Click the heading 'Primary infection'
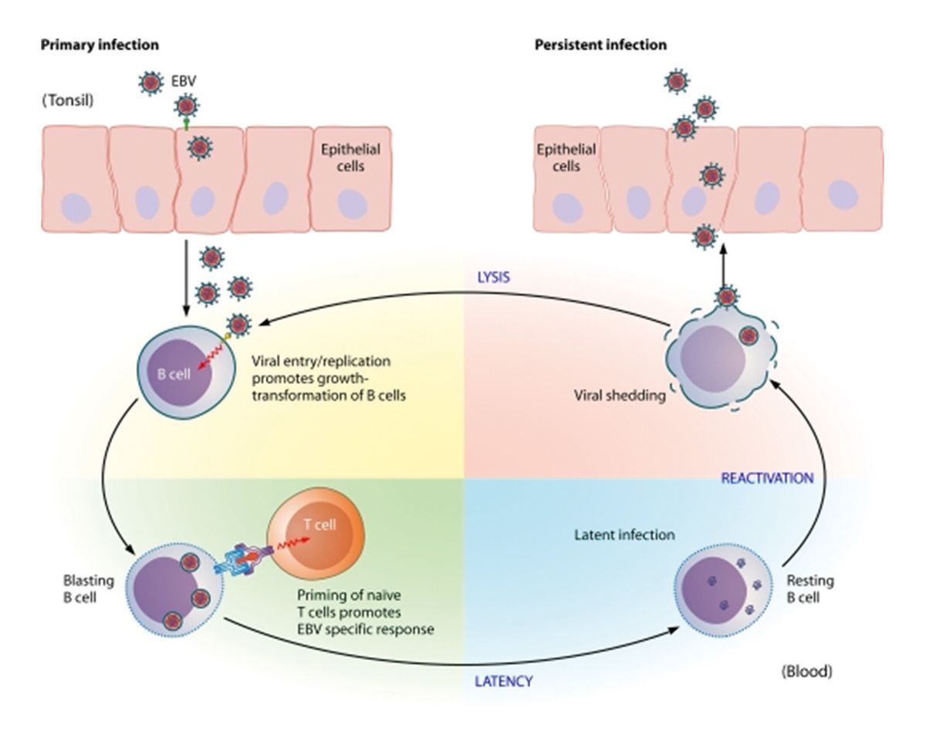[100, 45]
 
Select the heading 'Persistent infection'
[600, 45]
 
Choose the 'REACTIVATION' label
[767, 478]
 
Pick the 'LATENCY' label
[503, 682]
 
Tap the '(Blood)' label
[807, 671]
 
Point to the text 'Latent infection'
[625, 534]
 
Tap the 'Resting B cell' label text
[809, 588]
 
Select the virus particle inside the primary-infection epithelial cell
[200, 145]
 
